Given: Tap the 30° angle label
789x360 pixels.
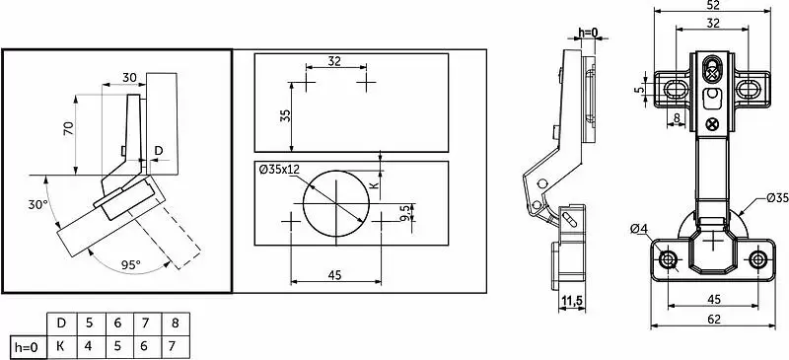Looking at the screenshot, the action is (x=37, y=205).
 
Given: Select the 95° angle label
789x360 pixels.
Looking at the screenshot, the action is (x=131, y=265).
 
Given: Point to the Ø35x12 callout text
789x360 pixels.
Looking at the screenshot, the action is (x=279, y=170).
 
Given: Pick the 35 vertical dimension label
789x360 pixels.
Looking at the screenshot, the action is (x=285, y=116).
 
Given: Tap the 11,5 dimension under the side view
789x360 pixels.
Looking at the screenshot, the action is (x=572, y=301).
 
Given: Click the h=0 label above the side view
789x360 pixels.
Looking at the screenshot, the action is (x=588, y=33).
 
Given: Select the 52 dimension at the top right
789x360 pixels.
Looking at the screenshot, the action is (x=713, y=5).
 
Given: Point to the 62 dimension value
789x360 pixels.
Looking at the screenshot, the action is (x=713, y=320).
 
